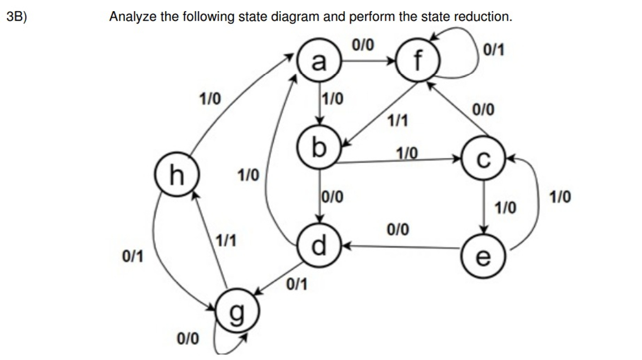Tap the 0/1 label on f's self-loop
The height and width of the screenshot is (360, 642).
click(494, 51)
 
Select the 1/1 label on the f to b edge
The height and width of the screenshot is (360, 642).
click(397, 120)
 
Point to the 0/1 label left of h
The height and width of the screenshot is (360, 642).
click(132, 256)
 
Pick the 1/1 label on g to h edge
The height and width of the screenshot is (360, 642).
click(226, 241)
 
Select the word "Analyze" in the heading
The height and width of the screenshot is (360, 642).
click(133, 17)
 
